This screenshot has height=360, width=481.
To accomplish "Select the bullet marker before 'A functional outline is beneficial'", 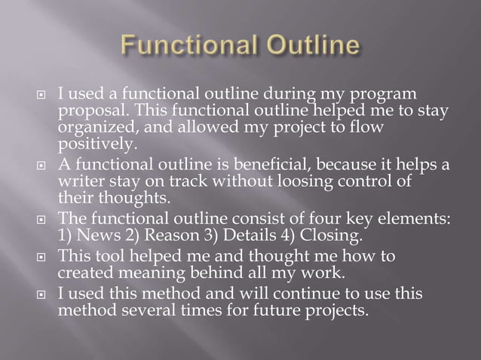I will click(42, 166).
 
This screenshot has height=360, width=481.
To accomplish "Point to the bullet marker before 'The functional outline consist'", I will click(42, 219).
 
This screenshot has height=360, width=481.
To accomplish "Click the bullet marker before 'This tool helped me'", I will click(42, 257).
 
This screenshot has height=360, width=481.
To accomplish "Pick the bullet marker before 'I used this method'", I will click(42, 294).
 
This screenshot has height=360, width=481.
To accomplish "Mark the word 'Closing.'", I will click(329, 234).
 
